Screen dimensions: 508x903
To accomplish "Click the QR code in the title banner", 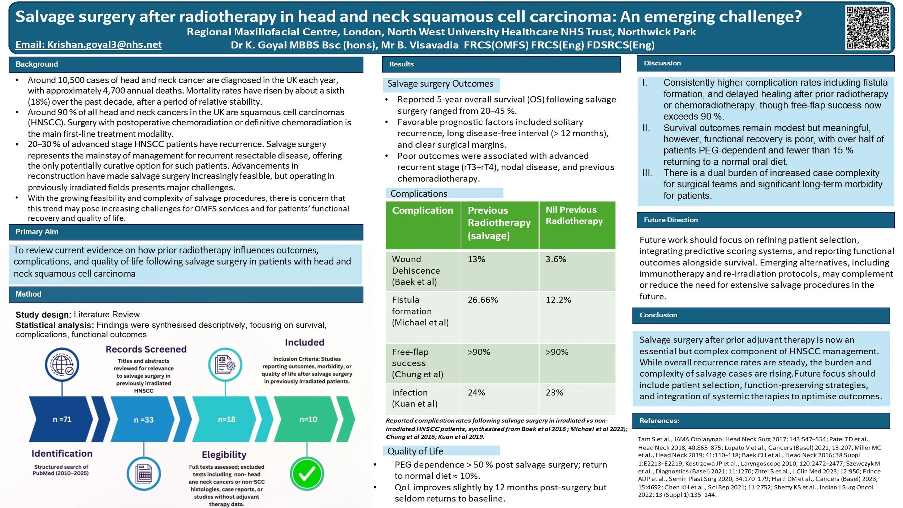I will (x=868, y=27).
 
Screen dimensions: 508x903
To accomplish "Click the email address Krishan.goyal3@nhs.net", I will (x=88, y=44).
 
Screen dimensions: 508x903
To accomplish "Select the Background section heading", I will (x=36, y=64).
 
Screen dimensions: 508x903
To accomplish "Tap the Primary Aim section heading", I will (x=36, y=232).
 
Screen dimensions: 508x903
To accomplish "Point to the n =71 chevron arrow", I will (x=62, y=419).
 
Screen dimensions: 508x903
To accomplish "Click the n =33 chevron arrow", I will (x=144, y=420).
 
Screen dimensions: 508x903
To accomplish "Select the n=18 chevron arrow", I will (x=226, y=419).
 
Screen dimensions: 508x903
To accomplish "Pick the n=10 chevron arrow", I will (x=308, y=419).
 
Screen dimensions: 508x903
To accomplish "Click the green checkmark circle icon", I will (x=307, y=474).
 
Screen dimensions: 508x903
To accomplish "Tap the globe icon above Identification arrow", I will (x=62, y=365).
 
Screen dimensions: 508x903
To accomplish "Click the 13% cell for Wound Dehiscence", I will (x=476, y=259).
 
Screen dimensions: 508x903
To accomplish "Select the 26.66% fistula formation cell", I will (x=483, y=300).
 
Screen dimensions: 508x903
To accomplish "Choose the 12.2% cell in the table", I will (x=558, y=300).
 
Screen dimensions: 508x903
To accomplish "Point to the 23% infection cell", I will (x=554, y=392).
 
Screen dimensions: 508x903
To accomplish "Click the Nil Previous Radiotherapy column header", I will (x=574, y=215).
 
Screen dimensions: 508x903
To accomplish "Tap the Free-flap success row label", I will (x=418, y=363).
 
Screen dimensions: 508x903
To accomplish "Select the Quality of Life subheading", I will (x=415, y=451).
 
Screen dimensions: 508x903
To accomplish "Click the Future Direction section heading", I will (x=670, y=220).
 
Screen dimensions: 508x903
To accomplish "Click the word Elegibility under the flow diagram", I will (x=224, y=455).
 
